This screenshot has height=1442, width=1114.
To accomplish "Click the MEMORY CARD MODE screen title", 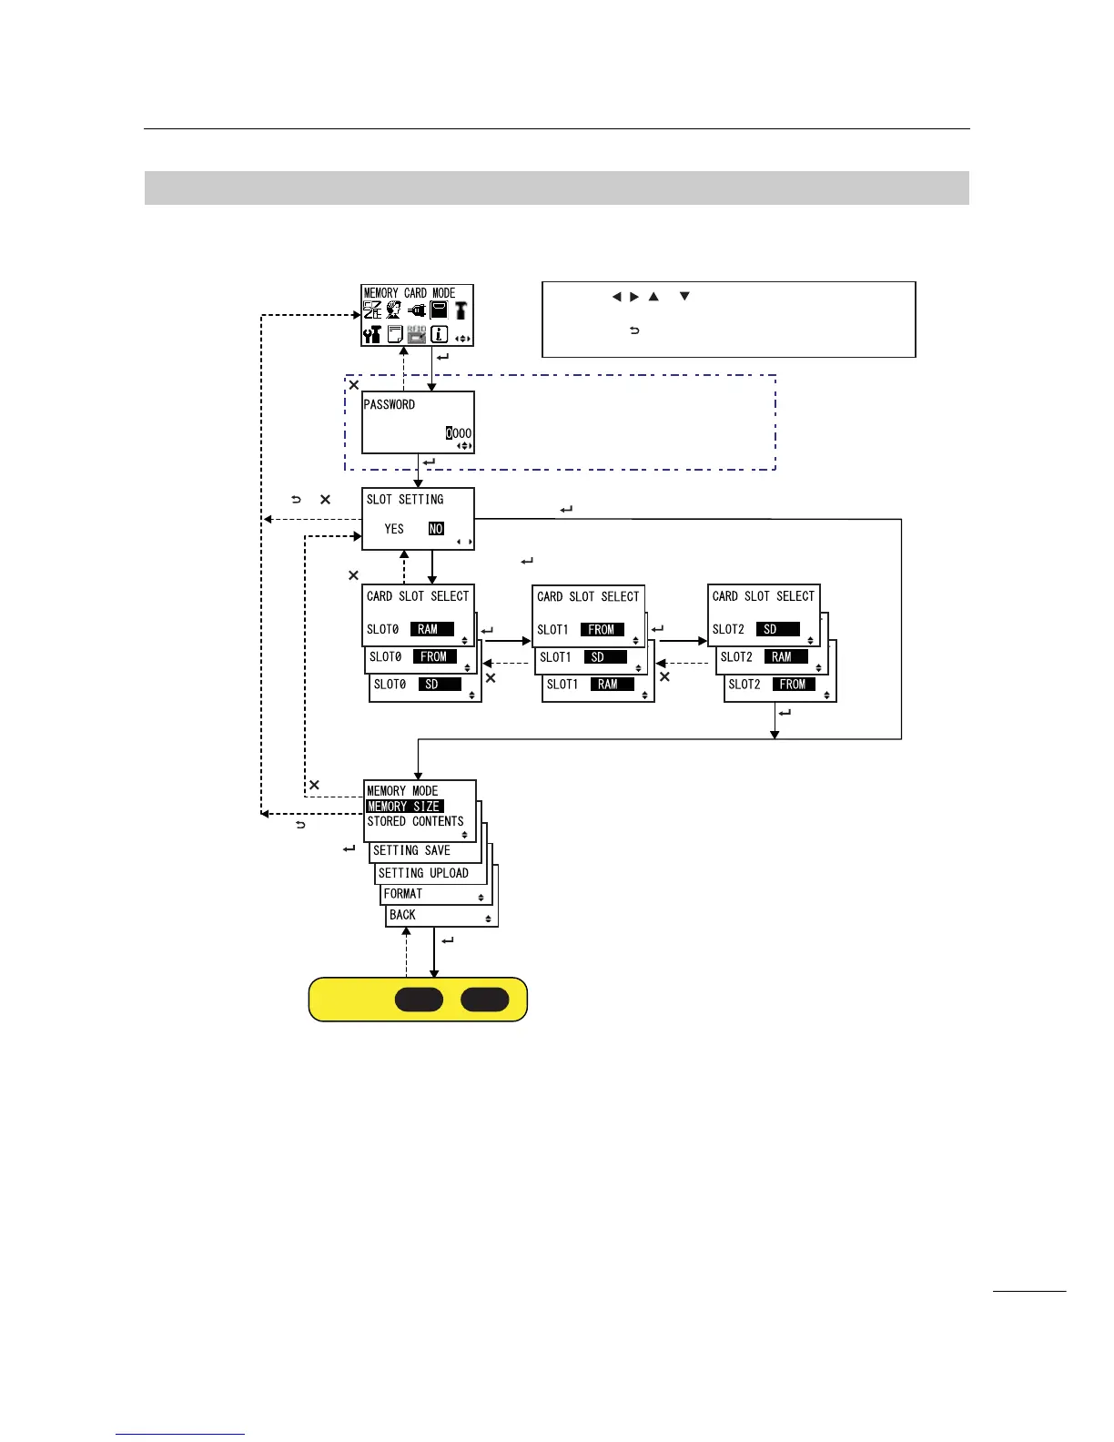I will [410, 293].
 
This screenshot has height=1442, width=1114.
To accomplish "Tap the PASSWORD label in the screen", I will [390, 404].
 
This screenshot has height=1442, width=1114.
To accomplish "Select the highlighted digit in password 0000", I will [450, 433].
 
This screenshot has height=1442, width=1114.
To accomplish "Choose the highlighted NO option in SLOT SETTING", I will [436, 529].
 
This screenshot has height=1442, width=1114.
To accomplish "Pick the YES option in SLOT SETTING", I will [394, 529].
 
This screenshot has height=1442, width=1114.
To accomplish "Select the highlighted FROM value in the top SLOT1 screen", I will [602, 629].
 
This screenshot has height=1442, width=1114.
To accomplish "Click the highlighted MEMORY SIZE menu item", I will [404, 806].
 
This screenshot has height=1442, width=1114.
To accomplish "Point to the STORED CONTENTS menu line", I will [415, 821].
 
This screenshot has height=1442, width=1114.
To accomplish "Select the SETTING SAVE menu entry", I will [411, 850].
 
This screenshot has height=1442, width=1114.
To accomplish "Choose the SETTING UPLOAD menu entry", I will [423, 873].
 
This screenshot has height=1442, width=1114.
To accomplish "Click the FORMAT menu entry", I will [403, 894].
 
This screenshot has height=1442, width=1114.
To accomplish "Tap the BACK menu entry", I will [402, 915].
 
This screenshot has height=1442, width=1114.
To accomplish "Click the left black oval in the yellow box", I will [419, 1000].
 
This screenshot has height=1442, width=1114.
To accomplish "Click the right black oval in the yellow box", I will [484, 1000].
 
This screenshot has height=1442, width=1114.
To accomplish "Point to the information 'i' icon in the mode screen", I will [439, 334].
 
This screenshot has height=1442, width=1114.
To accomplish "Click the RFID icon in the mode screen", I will [417, 334].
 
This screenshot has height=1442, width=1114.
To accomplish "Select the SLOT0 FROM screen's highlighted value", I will [434, 656].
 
